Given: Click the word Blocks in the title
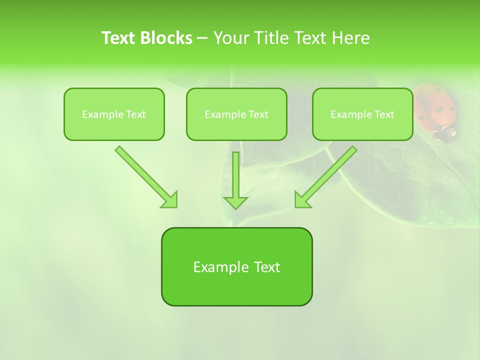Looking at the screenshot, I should click(166, 38).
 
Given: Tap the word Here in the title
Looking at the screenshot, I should click(350, 38).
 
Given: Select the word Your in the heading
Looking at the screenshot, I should click(230, 38).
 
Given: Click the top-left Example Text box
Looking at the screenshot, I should click(114, 114).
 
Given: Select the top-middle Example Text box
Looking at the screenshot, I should click(236, 114).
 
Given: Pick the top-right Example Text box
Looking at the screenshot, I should click(362, 114).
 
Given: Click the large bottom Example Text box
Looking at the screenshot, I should click(236, 266).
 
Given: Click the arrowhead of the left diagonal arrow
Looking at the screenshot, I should click(170, 200).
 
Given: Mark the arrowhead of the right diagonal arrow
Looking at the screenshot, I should click(301, 200).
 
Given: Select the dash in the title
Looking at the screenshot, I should click(202, 38).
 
